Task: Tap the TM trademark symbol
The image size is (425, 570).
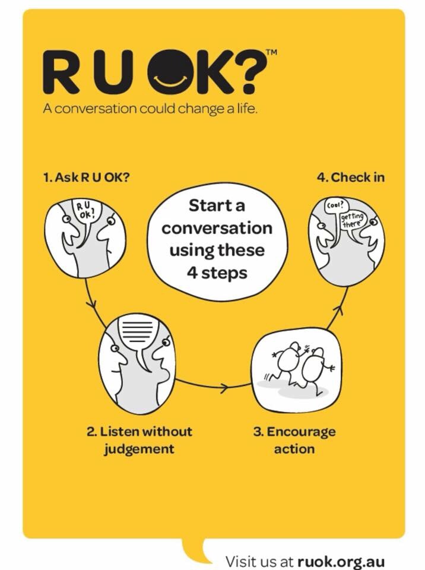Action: [x=272, y=52]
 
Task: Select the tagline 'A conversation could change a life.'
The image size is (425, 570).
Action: [x=150, y=109]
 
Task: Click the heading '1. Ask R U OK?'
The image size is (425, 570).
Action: [x=86, y=178]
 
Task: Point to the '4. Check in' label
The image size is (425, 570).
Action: [x=350, y=178]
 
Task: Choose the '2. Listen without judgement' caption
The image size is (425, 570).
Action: [x=139, y=440]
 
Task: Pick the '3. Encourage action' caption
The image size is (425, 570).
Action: [x=294, y=440]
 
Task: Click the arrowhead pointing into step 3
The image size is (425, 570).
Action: [x=226, y=387]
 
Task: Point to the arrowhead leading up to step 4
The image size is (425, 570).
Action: [x=338, y=310]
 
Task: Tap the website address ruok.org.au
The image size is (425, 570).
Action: [x=341, y=561]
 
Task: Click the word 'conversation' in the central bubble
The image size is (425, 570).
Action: [x=217, y=229]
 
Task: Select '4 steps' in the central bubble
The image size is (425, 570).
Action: [x=217, y=273]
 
